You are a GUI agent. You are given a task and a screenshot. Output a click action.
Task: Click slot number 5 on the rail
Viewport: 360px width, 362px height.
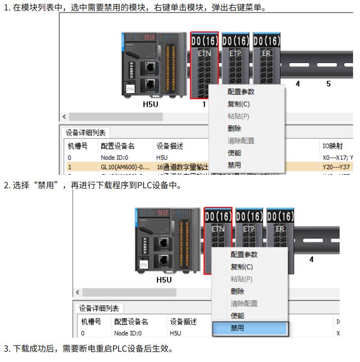(328, 84)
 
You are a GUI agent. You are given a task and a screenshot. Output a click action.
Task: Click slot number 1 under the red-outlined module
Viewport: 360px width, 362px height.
(204, 105)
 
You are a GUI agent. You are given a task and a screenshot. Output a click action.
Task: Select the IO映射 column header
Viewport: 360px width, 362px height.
(332, 146)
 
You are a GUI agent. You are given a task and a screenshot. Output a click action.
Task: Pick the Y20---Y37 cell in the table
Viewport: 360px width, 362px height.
(337, 167)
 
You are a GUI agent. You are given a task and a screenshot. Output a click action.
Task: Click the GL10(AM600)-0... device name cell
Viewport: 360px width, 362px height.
(125, 167)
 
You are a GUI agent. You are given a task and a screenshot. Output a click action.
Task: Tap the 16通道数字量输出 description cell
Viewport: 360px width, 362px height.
(182, 167)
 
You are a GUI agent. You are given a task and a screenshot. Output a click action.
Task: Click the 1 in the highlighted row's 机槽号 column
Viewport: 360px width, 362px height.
(70, 167)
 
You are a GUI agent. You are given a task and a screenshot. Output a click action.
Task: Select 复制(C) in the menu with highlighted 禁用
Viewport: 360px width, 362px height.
(240, 267)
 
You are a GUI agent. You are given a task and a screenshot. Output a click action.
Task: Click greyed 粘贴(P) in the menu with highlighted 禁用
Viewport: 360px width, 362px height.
(241, 279)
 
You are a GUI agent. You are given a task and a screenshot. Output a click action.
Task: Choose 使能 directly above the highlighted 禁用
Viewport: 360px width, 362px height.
(237, 316)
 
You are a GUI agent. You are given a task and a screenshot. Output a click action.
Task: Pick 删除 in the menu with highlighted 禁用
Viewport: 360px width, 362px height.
(237, 291)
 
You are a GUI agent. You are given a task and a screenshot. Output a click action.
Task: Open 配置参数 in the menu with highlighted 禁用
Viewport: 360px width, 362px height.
(244, 255)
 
